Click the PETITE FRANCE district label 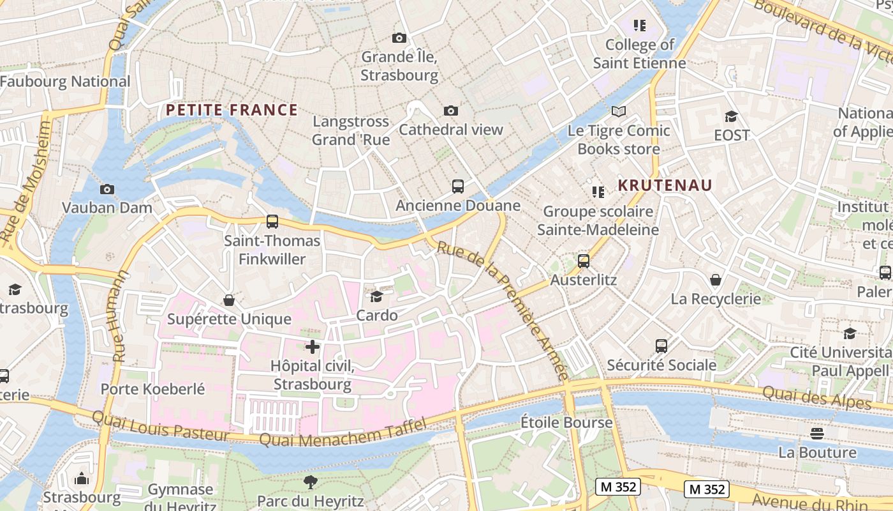(232, 110)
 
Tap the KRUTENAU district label (665, 185)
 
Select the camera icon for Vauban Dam (107, 189)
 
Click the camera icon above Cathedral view (451, 111)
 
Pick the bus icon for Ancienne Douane (458, 187)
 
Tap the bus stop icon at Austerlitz (584, 261)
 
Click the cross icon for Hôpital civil (313, 347)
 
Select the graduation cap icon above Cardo (377, 296)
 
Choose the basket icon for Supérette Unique (229, 300)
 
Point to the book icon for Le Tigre (618, 112)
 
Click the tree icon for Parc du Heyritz (311, 482)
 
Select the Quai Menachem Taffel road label (343, 434)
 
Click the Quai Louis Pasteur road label (160, 426)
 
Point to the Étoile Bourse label (566, 422)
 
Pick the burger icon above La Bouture (817, 434)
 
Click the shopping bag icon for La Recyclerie (716, 280)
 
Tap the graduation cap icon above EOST (731, 116)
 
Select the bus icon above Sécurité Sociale (661, 346)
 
